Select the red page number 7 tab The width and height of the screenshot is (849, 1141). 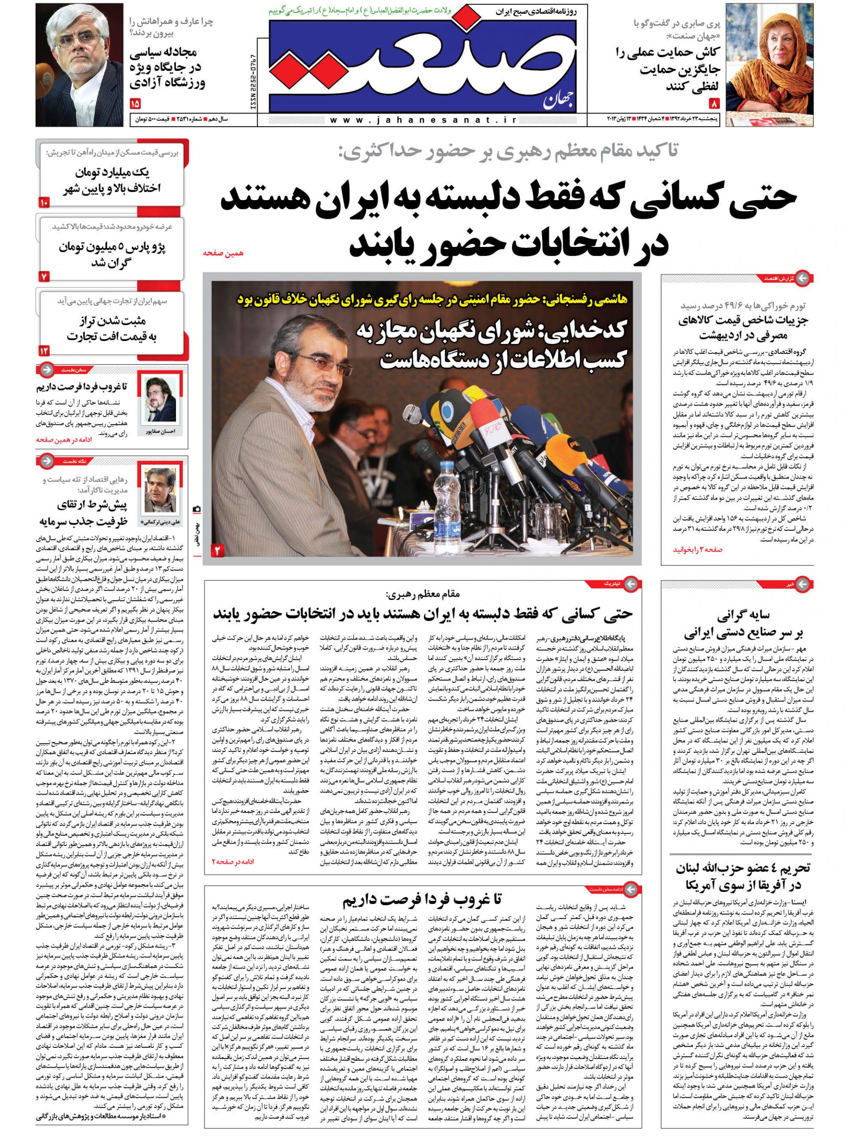pos(44,277)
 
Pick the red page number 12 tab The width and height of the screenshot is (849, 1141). pos(44,351)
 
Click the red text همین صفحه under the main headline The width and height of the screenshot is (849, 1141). pos(223,253)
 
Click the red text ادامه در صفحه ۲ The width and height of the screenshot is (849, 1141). pos(233,861)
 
